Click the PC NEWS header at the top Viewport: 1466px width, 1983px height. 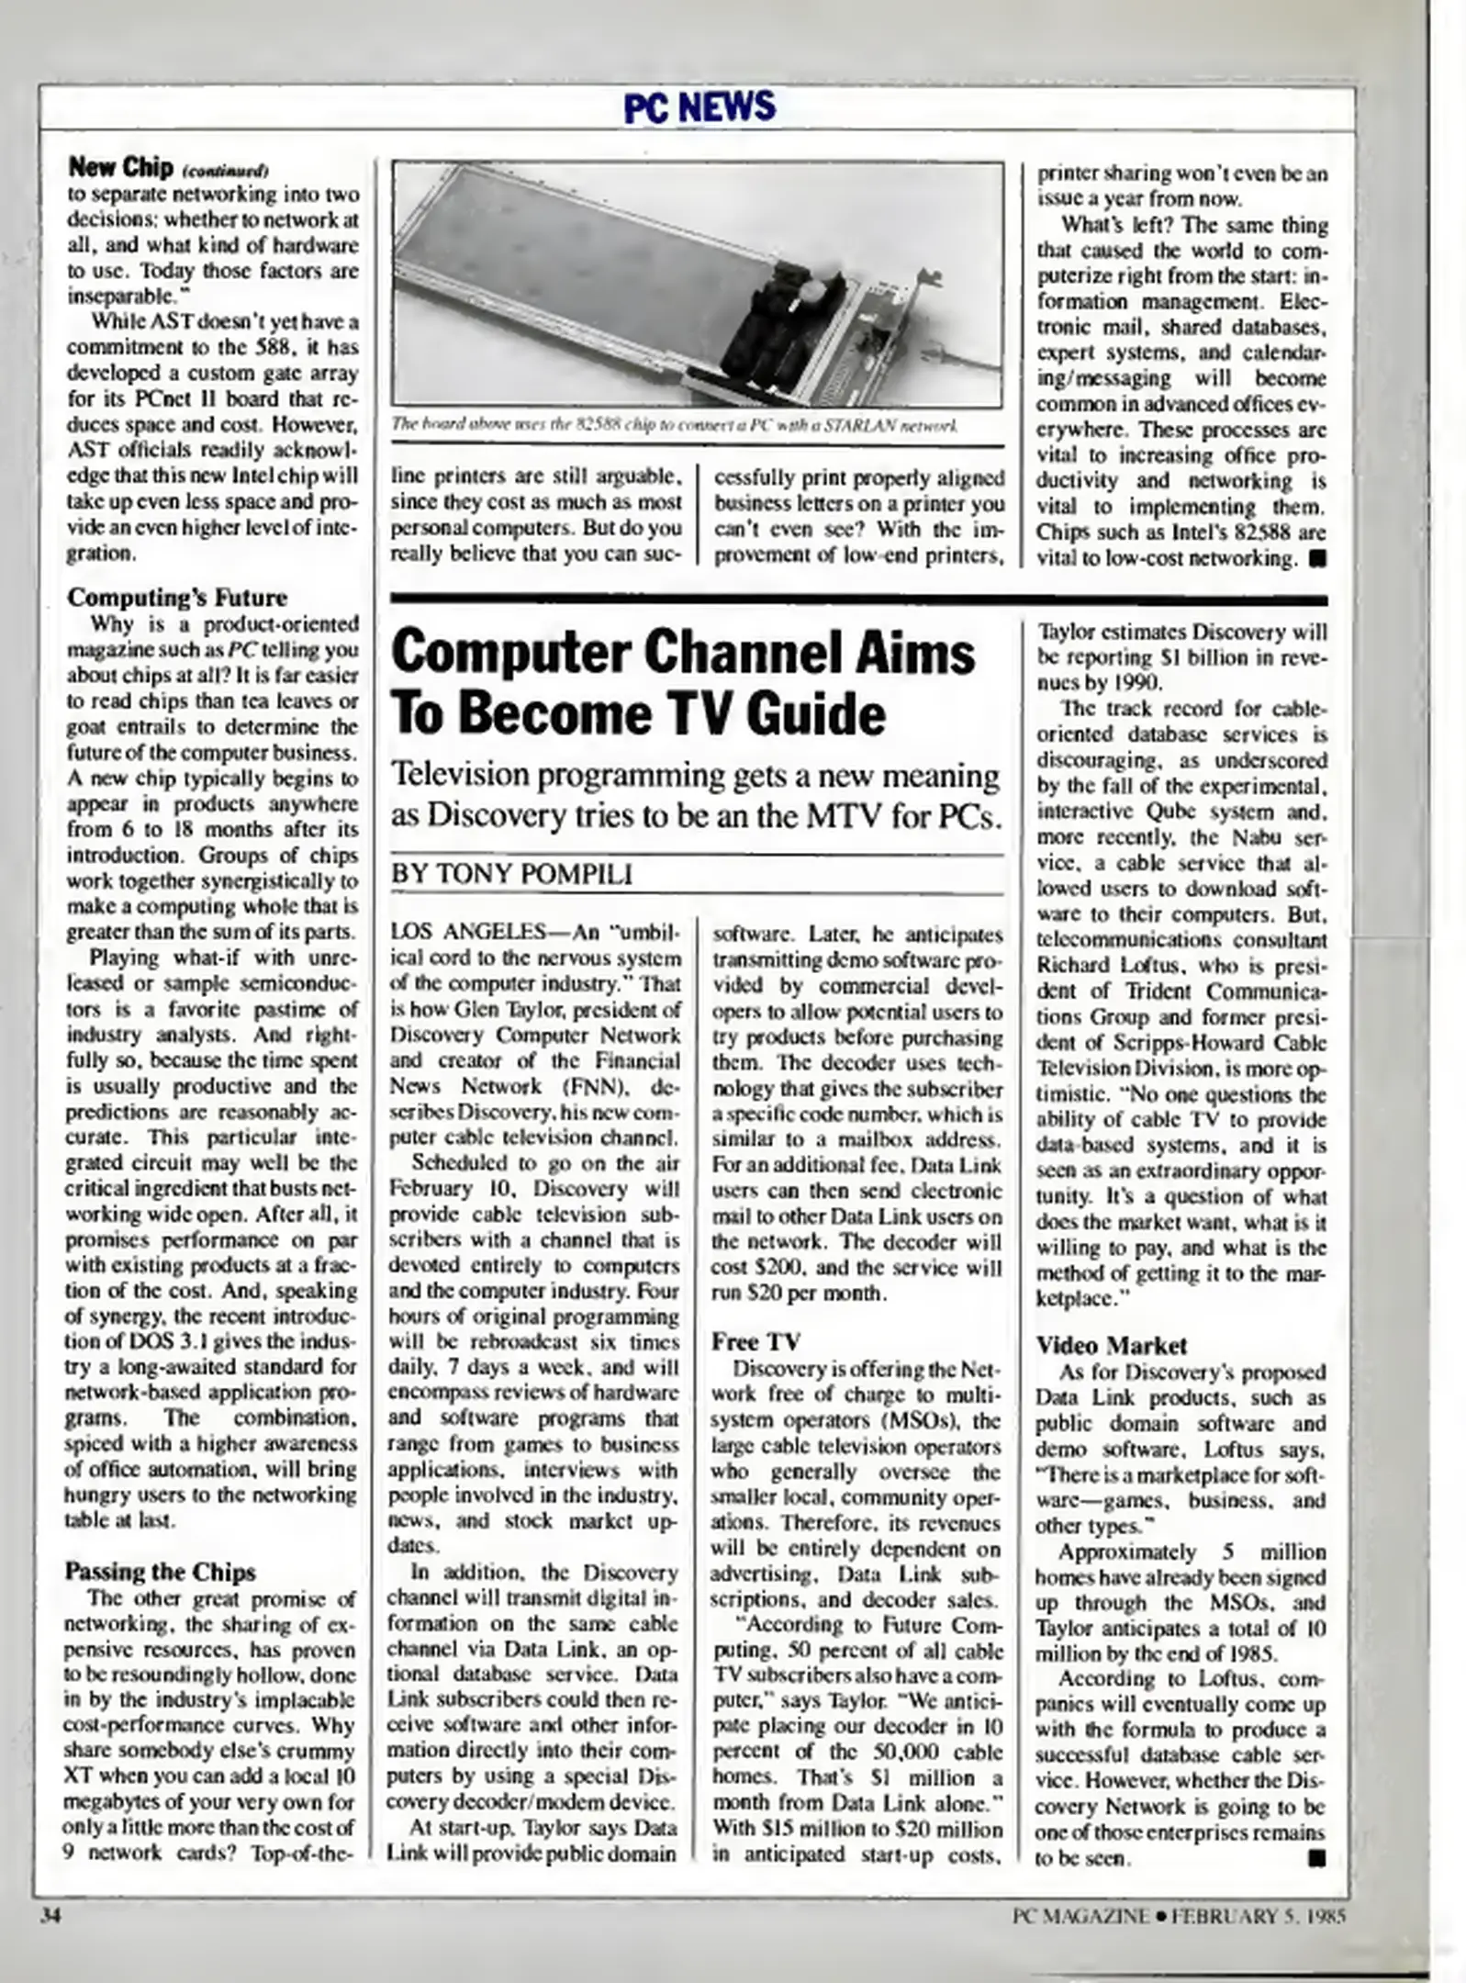point(699,107)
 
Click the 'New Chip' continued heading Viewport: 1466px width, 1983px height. point(120,167)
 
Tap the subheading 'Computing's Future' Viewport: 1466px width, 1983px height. point(177,597)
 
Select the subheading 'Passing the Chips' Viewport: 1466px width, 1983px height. point(160,1572)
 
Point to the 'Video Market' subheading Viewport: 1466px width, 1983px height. point(1111,1346)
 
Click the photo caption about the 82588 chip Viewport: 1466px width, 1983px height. point(675,425)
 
